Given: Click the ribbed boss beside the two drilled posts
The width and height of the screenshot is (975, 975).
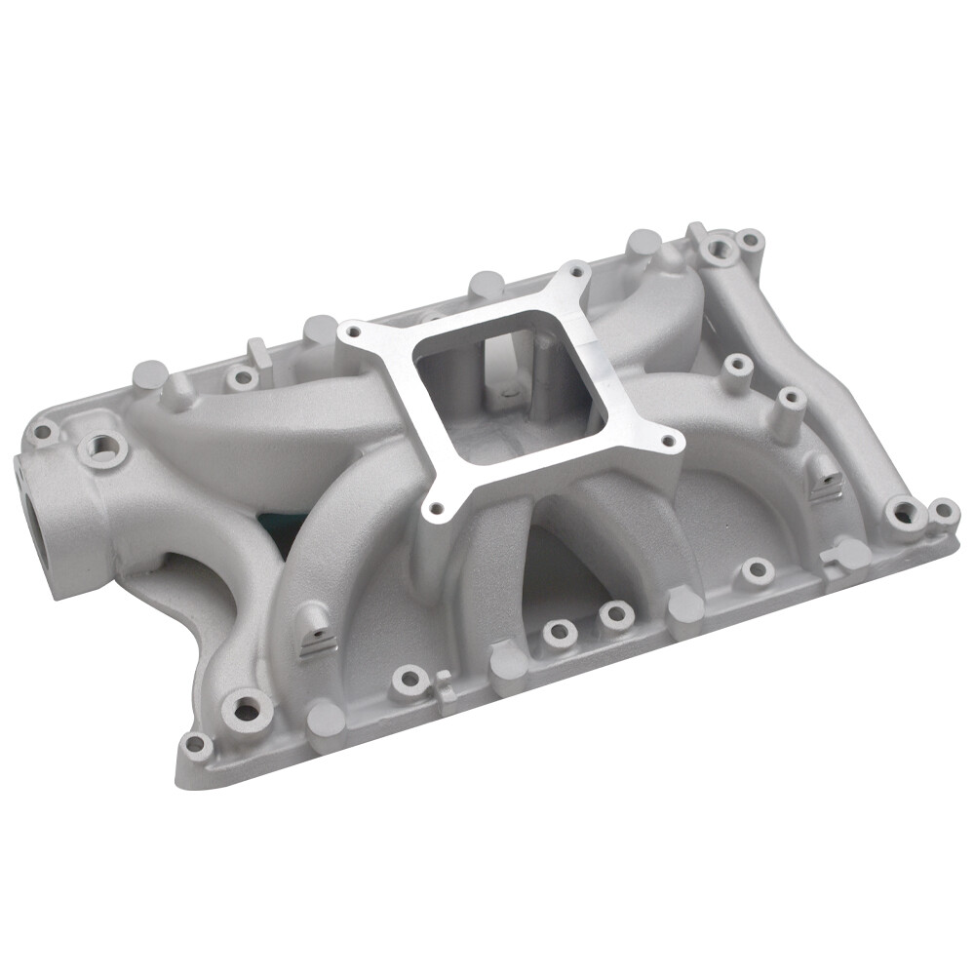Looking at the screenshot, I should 824,478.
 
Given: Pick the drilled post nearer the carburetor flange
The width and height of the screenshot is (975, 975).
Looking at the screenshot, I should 738,367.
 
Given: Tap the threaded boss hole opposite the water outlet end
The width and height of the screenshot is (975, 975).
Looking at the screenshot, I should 722,251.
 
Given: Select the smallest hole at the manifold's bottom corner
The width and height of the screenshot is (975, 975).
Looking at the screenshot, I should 194,746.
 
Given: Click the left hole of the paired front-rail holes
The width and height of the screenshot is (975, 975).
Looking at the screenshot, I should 560,632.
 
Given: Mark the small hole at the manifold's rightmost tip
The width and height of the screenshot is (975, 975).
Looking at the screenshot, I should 943,509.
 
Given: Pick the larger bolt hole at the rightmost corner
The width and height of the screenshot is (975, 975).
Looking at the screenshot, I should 905,511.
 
